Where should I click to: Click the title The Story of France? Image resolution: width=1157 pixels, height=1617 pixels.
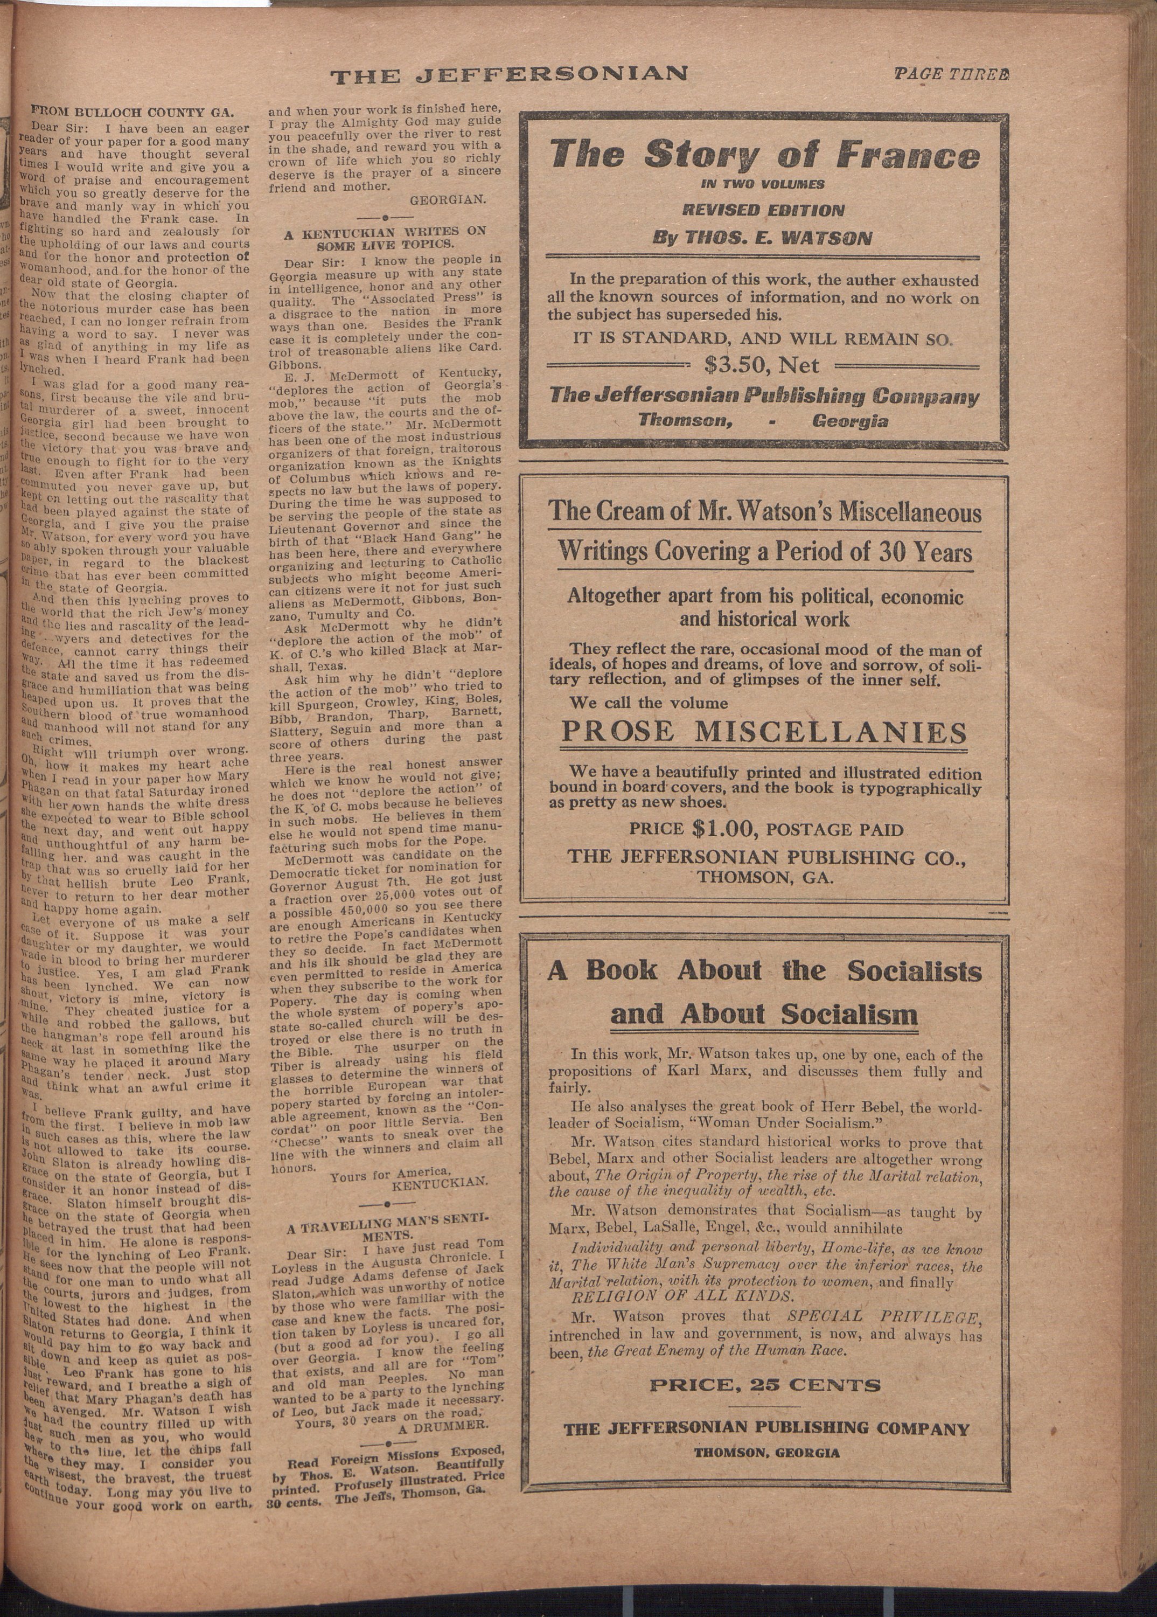764,155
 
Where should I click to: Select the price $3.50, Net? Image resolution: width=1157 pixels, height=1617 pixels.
762,365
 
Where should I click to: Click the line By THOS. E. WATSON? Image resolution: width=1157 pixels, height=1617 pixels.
762,238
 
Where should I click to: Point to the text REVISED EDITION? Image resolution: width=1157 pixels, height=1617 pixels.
762,210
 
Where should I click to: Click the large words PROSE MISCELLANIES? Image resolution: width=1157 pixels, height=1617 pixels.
764,732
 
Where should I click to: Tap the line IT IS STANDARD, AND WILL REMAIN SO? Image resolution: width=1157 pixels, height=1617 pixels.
762,338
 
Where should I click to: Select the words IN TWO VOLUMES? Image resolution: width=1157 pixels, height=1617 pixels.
762,184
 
